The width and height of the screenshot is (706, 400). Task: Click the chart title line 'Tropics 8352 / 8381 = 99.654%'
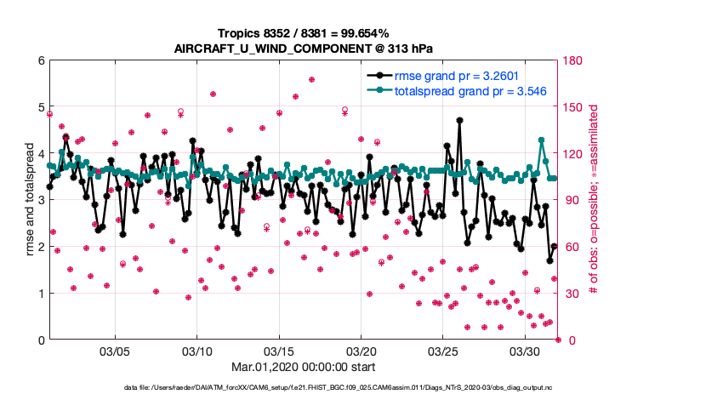[352, 32]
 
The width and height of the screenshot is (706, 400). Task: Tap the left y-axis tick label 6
[40, 60]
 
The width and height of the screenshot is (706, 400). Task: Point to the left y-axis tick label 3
[40, 200]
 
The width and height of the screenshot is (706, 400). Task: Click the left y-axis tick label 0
[40, 340]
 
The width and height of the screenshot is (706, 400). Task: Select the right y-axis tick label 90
[569, 200]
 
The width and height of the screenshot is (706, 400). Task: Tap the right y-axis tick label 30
[569, 294]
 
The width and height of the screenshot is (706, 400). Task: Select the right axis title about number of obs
[594, 200]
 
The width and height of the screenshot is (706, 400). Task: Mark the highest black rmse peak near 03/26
[459, 121]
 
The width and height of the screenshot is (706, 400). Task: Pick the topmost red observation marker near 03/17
[312, 79]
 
